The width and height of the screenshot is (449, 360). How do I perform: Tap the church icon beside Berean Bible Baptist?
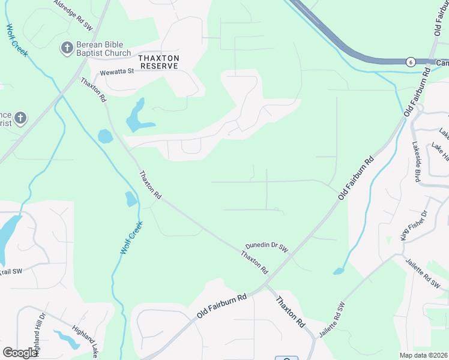(67, 47)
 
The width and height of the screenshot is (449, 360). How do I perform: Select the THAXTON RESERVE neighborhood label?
(158, 62)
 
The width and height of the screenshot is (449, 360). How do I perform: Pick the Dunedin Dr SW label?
(267, 246)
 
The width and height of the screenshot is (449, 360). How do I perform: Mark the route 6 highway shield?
(410, 62)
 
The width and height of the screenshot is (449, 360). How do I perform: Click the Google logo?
(20, 353)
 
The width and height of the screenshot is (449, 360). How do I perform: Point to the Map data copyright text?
(424, 355)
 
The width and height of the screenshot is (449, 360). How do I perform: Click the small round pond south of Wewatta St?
(105, 136)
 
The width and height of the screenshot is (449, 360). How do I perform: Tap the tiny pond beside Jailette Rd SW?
(339, 271)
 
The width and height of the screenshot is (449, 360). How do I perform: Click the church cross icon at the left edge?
(20, 118)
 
